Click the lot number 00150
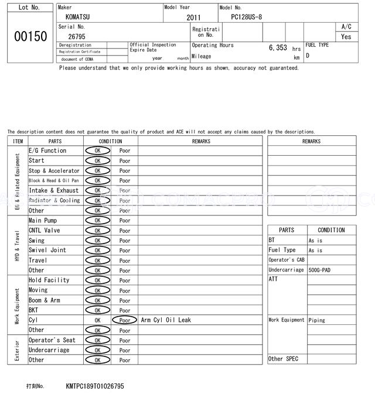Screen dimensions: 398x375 coord(30,36)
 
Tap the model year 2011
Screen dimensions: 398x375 coord(193,18)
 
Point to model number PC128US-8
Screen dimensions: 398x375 coord(250,17)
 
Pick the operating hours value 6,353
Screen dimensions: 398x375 coord(277,48)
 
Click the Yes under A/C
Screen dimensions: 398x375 coord(346,36)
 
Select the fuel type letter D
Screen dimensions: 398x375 coord(308,56)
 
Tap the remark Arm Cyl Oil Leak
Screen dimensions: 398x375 coord(166,320)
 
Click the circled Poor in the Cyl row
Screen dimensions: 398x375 coord(124,320)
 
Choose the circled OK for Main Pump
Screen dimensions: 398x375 coord(97,221)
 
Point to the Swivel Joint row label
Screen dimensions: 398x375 coord(47,251)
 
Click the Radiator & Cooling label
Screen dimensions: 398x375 coord(54,201)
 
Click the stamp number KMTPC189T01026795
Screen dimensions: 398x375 coord(95,386)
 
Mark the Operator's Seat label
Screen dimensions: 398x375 coord(52,340)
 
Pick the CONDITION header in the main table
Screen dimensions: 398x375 coord(110,141)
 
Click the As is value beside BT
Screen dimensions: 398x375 coord(315,241)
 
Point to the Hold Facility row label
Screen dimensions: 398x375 coord(49,280)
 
